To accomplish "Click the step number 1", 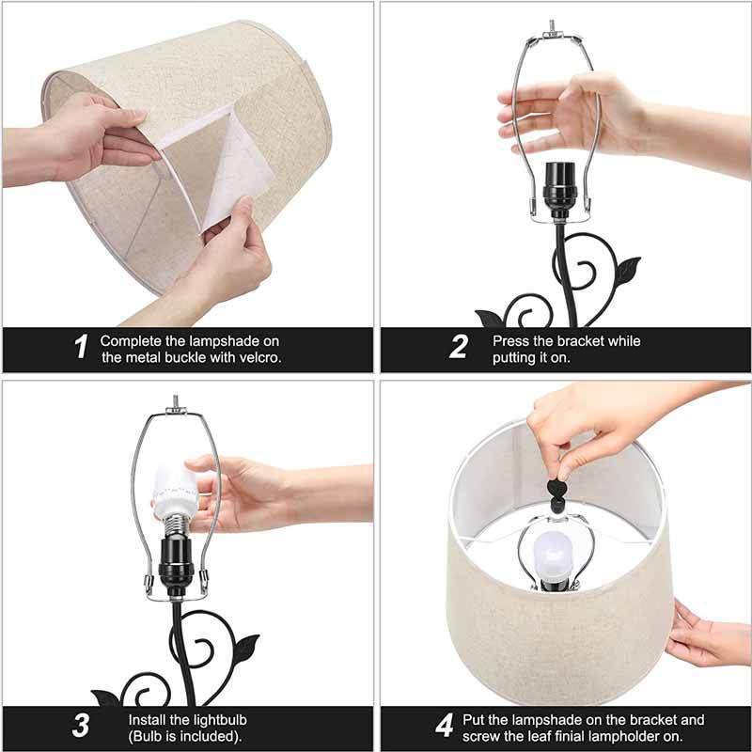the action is point(82,346).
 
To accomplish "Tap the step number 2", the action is point(459,346).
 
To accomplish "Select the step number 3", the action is point(81,726).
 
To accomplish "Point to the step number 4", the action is point(445,726).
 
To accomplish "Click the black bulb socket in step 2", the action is point(559,192).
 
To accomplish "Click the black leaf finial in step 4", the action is point(557,496).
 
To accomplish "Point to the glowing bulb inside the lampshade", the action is point(553,555).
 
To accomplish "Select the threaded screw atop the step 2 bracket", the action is point(552,26).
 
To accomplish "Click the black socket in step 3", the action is point(176,567).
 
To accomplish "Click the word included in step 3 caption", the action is point(207,736).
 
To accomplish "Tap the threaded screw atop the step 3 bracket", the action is point(176,401).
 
